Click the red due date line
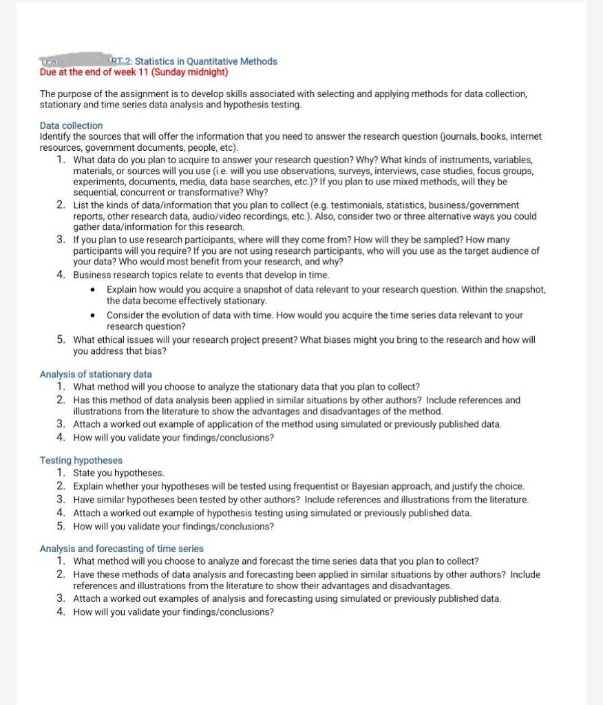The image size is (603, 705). click(134, 72)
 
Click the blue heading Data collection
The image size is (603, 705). click(71, 125)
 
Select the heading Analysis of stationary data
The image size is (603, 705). click(96, 374)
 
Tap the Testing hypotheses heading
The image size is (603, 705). click(81, 460)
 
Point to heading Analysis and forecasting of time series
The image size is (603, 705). click(121, 549)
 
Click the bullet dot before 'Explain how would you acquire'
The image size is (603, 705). click(93, 290)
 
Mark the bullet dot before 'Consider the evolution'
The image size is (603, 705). click(93, 315)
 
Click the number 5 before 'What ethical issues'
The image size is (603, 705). click(61, 339)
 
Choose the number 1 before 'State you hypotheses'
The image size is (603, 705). click(61, 473)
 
